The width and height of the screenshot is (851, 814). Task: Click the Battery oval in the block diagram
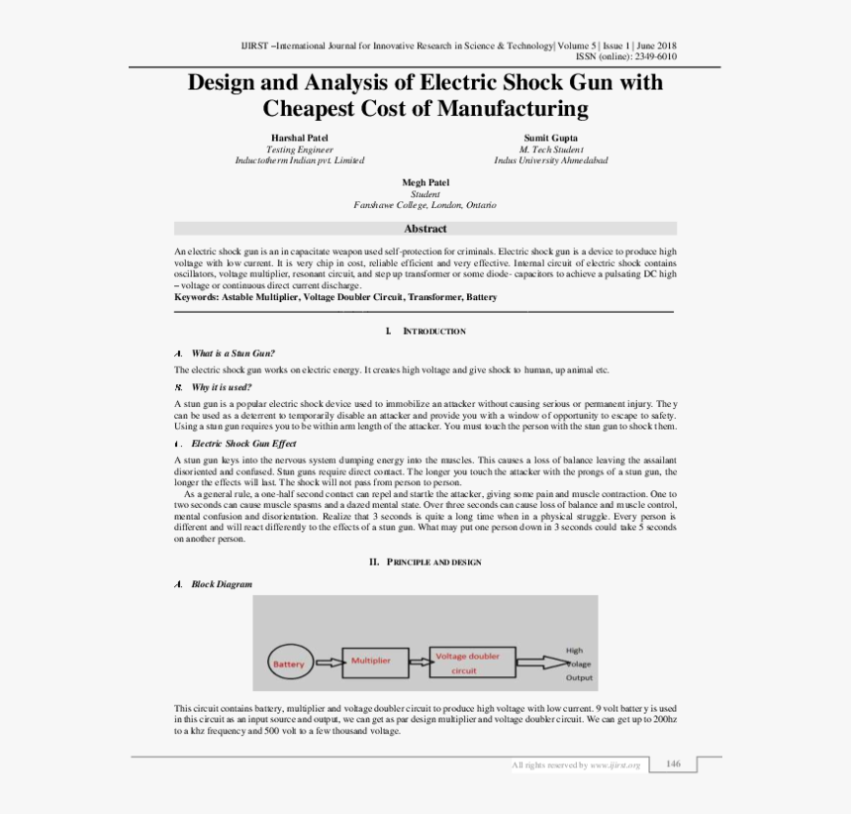pyautogui.click(x=289, y=663)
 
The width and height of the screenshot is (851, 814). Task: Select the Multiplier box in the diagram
pyautogui.click(x=371, y=661)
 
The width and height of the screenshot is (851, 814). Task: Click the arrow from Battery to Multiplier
pyautogui.click(x=329, y=662)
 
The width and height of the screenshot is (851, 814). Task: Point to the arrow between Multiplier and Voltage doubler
pyautogui.click(x=414, y=661)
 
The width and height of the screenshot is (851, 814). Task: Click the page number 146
pyautogui.click(x=673, y=763)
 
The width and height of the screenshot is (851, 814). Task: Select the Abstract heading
pyautogui.click(x=425, y=229)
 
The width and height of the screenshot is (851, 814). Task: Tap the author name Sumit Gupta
pyautogui.click(x=551, y=138)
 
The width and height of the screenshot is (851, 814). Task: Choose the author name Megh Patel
pyautogui.click(x=425, y=183)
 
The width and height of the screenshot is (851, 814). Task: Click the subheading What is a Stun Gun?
pyautogui.click(x=233, y=354)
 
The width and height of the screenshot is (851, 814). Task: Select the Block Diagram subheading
pyautogui.click(x=222, y=584)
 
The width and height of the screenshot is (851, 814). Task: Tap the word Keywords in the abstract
pyautogui.click(x=195, y=297)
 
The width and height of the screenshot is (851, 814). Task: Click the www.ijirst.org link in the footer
pyautogui.click(x=615, y=764)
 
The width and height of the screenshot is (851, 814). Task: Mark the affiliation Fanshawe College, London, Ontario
pyautogui.click(x=425, y=205)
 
